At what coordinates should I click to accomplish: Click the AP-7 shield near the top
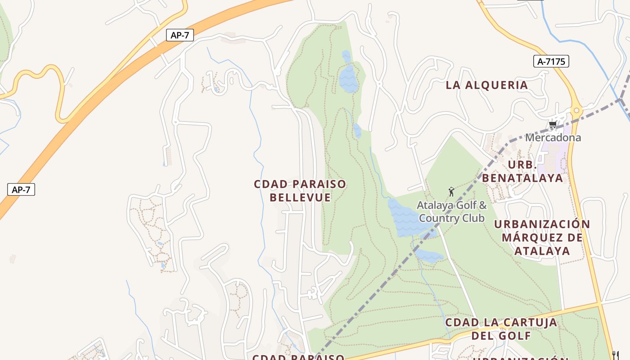point(180,35)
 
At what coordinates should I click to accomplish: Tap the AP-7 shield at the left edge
point(21,189)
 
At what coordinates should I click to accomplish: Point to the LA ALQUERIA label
point(486,85)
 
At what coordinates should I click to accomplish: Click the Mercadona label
point(553,138)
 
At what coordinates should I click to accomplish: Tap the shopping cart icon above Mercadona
point(553,125)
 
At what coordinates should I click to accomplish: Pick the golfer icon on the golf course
point(451,192)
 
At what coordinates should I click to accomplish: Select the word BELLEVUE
point(300,198)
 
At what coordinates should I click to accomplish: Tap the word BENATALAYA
point(522,178)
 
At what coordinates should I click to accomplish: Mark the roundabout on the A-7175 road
point(576,110)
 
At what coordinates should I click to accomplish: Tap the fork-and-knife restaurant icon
point(616,355)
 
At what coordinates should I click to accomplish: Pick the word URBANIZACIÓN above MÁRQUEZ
point(542,224)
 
